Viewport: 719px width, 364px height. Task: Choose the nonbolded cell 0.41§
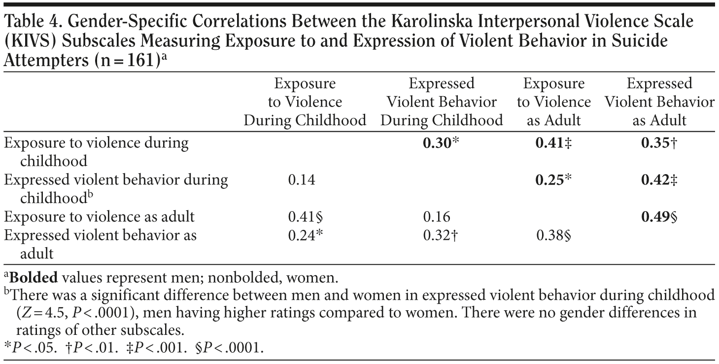tap(305, 217)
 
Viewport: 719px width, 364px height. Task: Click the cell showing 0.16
tap(437, 217)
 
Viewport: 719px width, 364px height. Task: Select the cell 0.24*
tap(305, 235)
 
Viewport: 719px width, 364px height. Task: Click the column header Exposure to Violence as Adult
tap(554, 102)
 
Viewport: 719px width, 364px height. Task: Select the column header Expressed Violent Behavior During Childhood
tap(441, 102)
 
